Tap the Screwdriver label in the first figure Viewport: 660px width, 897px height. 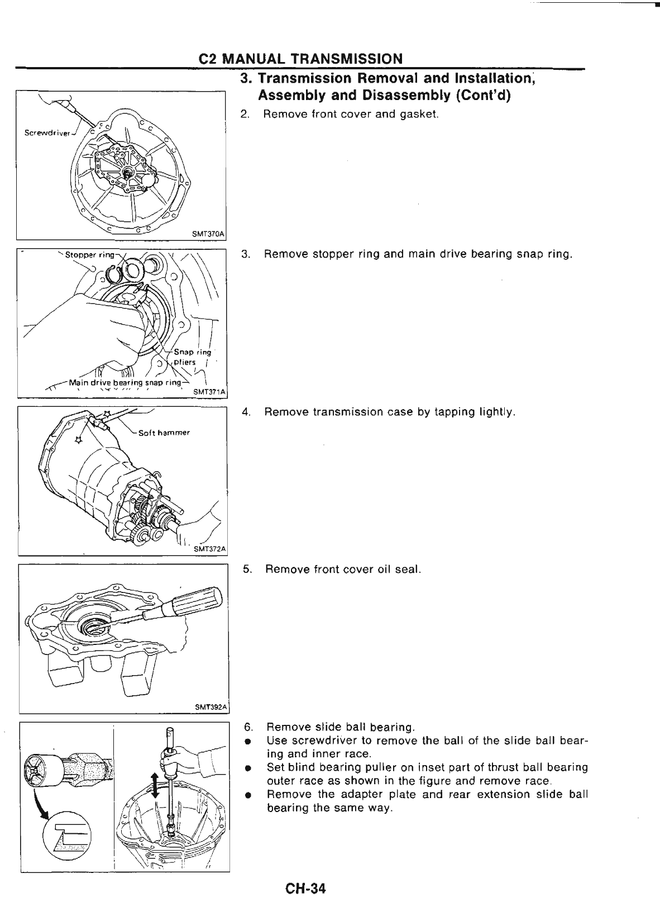[x=46, y=133]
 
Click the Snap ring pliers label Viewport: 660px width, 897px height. [x=192, y=357]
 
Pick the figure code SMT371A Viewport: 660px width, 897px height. [x=208, y=392]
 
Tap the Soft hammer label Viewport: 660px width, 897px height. [x=165, y=433]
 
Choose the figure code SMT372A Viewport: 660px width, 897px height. [x=209, y=549]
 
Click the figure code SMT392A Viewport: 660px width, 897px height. [x=211, y=707]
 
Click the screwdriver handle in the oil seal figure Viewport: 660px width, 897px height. [x=197, y=600]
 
